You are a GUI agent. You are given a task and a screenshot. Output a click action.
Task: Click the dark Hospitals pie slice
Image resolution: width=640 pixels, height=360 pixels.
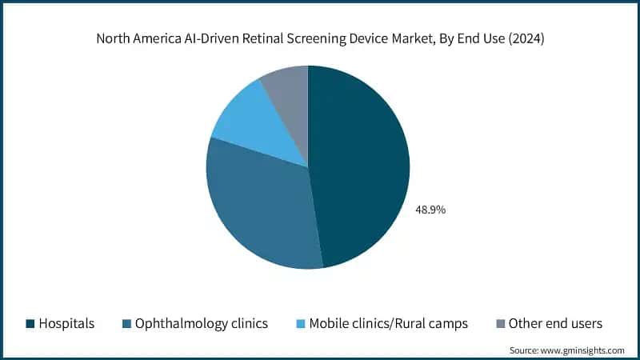click(360, 168)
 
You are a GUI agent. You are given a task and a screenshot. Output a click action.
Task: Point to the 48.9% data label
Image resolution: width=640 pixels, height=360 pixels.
click(430, 210)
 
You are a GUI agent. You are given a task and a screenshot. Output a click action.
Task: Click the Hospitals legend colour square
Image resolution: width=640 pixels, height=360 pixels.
click(30, 324)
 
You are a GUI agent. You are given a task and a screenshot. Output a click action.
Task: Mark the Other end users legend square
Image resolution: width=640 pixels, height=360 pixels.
click(500, 324)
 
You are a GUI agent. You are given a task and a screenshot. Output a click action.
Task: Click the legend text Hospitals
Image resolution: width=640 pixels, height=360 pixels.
click(67, 324)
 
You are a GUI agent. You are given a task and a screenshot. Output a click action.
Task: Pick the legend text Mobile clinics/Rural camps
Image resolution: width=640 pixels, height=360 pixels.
click(390, 324)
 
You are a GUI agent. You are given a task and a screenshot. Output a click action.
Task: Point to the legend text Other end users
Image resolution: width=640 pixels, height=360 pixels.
click(557, 324)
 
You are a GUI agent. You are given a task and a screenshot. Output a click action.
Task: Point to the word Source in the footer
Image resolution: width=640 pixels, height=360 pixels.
click(524, 350)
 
